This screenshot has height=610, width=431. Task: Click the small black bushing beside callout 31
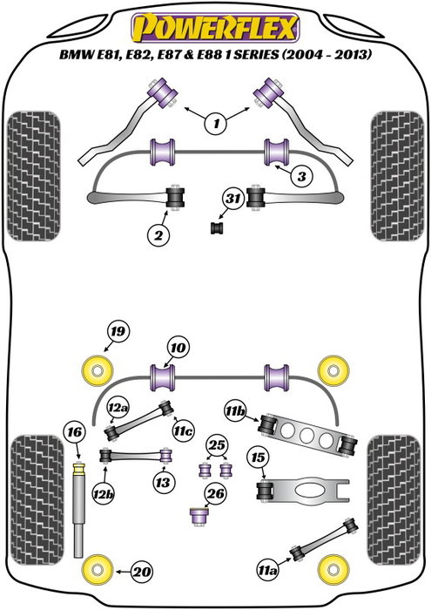click(x=218, y=227)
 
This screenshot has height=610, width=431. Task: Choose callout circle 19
click(x=118, y=330)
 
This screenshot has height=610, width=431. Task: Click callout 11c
click(x=182, y=430)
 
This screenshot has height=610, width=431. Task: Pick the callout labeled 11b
click(x=235, y=410)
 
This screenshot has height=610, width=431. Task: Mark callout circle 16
click(x=75, y=432)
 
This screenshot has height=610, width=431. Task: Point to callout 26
click(x=215, y=494)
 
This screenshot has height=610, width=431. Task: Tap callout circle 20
click(x=139, y=572)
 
